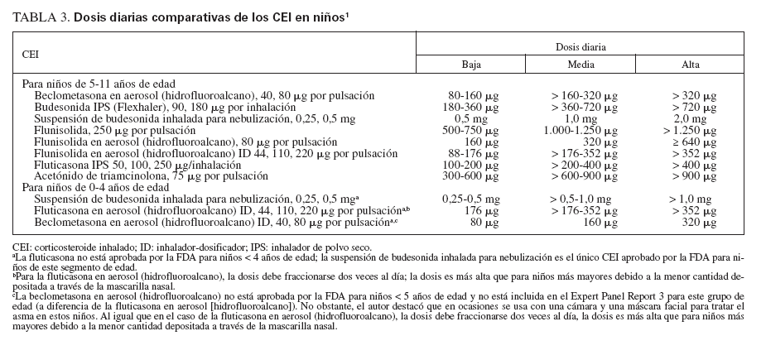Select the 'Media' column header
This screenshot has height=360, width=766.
tap(580, 65)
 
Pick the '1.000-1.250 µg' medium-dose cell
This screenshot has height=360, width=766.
tap(580, 130)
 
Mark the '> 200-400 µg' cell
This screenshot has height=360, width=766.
tap(580, 165)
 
